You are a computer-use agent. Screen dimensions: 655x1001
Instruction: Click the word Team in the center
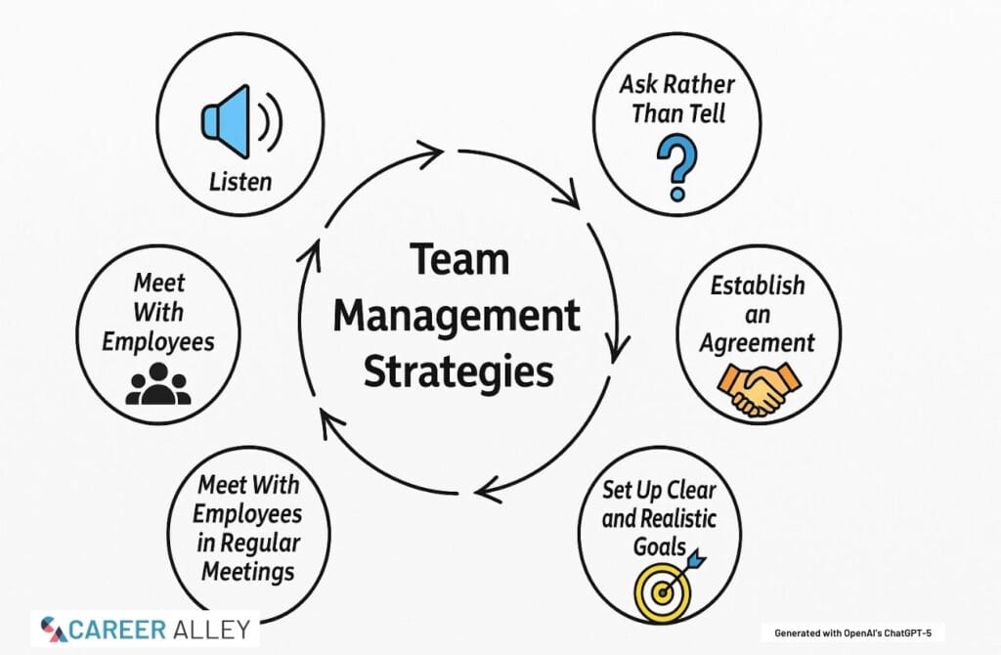[x=459, y=261]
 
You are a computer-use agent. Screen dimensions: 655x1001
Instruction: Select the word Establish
[x=758, y=285]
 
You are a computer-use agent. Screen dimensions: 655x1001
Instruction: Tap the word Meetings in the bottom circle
[x=249, y=570]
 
